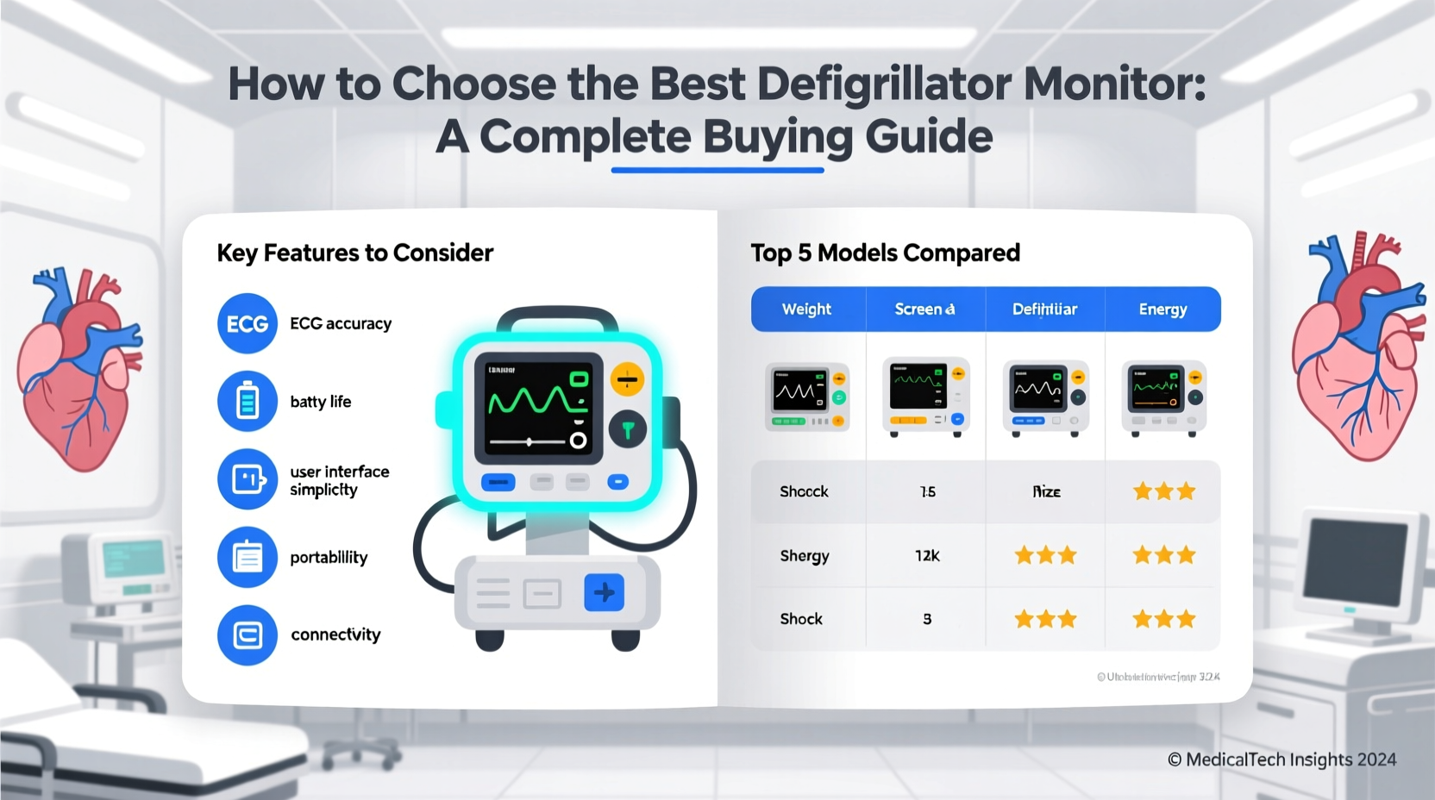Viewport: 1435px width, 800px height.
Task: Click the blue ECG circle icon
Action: coord(248,324)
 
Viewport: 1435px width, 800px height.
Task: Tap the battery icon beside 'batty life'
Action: coord(248,402)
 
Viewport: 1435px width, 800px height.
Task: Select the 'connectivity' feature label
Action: coord(335,634)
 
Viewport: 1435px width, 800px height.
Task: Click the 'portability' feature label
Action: coord(329,558)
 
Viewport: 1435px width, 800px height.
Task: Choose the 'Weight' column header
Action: coord(806,309)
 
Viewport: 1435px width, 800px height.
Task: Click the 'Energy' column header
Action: coord(1162,309)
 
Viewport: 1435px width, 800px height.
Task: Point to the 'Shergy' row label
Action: coord(804,556)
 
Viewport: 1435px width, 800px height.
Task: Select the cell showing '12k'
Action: coord(927,556)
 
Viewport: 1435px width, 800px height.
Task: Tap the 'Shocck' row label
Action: coord(804,491)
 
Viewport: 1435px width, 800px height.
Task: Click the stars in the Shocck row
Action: coord(1163,491)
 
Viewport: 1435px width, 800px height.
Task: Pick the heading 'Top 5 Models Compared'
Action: coord(885,253)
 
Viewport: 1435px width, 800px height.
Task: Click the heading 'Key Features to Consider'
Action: coord(354,253)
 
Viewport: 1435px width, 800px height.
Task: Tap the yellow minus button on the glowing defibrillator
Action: coord(627,379)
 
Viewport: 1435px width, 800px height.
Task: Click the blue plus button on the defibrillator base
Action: coord(604,592)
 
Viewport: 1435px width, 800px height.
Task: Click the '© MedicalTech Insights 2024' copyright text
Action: coord(1281,759)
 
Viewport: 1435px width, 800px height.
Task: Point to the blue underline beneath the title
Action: coord(717,170)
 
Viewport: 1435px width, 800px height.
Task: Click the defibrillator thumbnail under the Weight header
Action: coord(807,397)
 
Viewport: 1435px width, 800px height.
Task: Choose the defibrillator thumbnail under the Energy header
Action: coord(1163,397)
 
